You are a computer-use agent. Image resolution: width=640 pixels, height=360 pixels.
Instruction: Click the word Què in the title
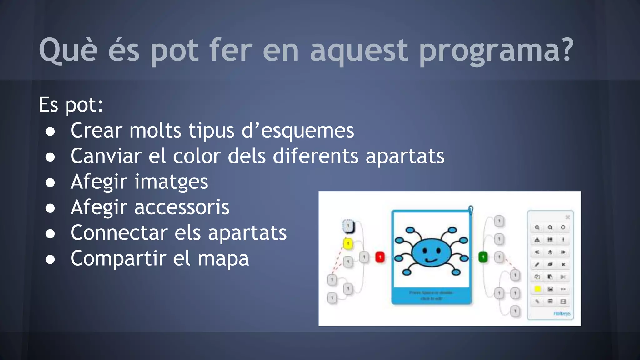click(x=68, y=50)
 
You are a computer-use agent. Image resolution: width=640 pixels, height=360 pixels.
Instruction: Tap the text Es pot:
click(x=71, y=105)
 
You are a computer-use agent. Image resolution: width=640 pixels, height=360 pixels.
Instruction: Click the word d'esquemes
click(x=298, y=131)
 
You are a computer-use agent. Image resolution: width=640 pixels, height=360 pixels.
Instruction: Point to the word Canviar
click(x=106, y=156)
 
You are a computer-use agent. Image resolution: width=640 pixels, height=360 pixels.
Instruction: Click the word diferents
click(x=316, y=156)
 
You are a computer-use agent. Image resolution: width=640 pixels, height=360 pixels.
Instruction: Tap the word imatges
click(x=171, y=182)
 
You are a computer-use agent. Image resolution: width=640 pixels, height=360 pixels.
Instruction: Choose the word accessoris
click(x=182, y=207)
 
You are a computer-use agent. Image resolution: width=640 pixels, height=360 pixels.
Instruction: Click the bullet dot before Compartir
click(x=50, y=259)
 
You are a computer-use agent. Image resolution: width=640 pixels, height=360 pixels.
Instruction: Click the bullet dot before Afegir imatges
click(x=50, y=182)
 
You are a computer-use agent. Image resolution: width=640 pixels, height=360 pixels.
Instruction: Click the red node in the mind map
click(x=380, y=257)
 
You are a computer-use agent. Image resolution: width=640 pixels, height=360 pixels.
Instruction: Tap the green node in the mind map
click(x=483, y=257)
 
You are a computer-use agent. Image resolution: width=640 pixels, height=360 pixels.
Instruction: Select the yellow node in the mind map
click(x=348, y=243)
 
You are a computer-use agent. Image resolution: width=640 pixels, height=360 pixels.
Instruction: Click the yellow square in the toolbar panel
click(x=537, y=289)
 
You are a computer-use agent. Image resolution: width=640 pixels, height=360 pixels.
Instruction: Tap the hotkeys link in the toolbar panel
click(x=562, y=313)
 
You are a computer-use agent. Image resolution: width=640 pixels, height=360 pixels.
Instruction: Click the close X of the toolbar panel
click(x=567, y=217)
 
